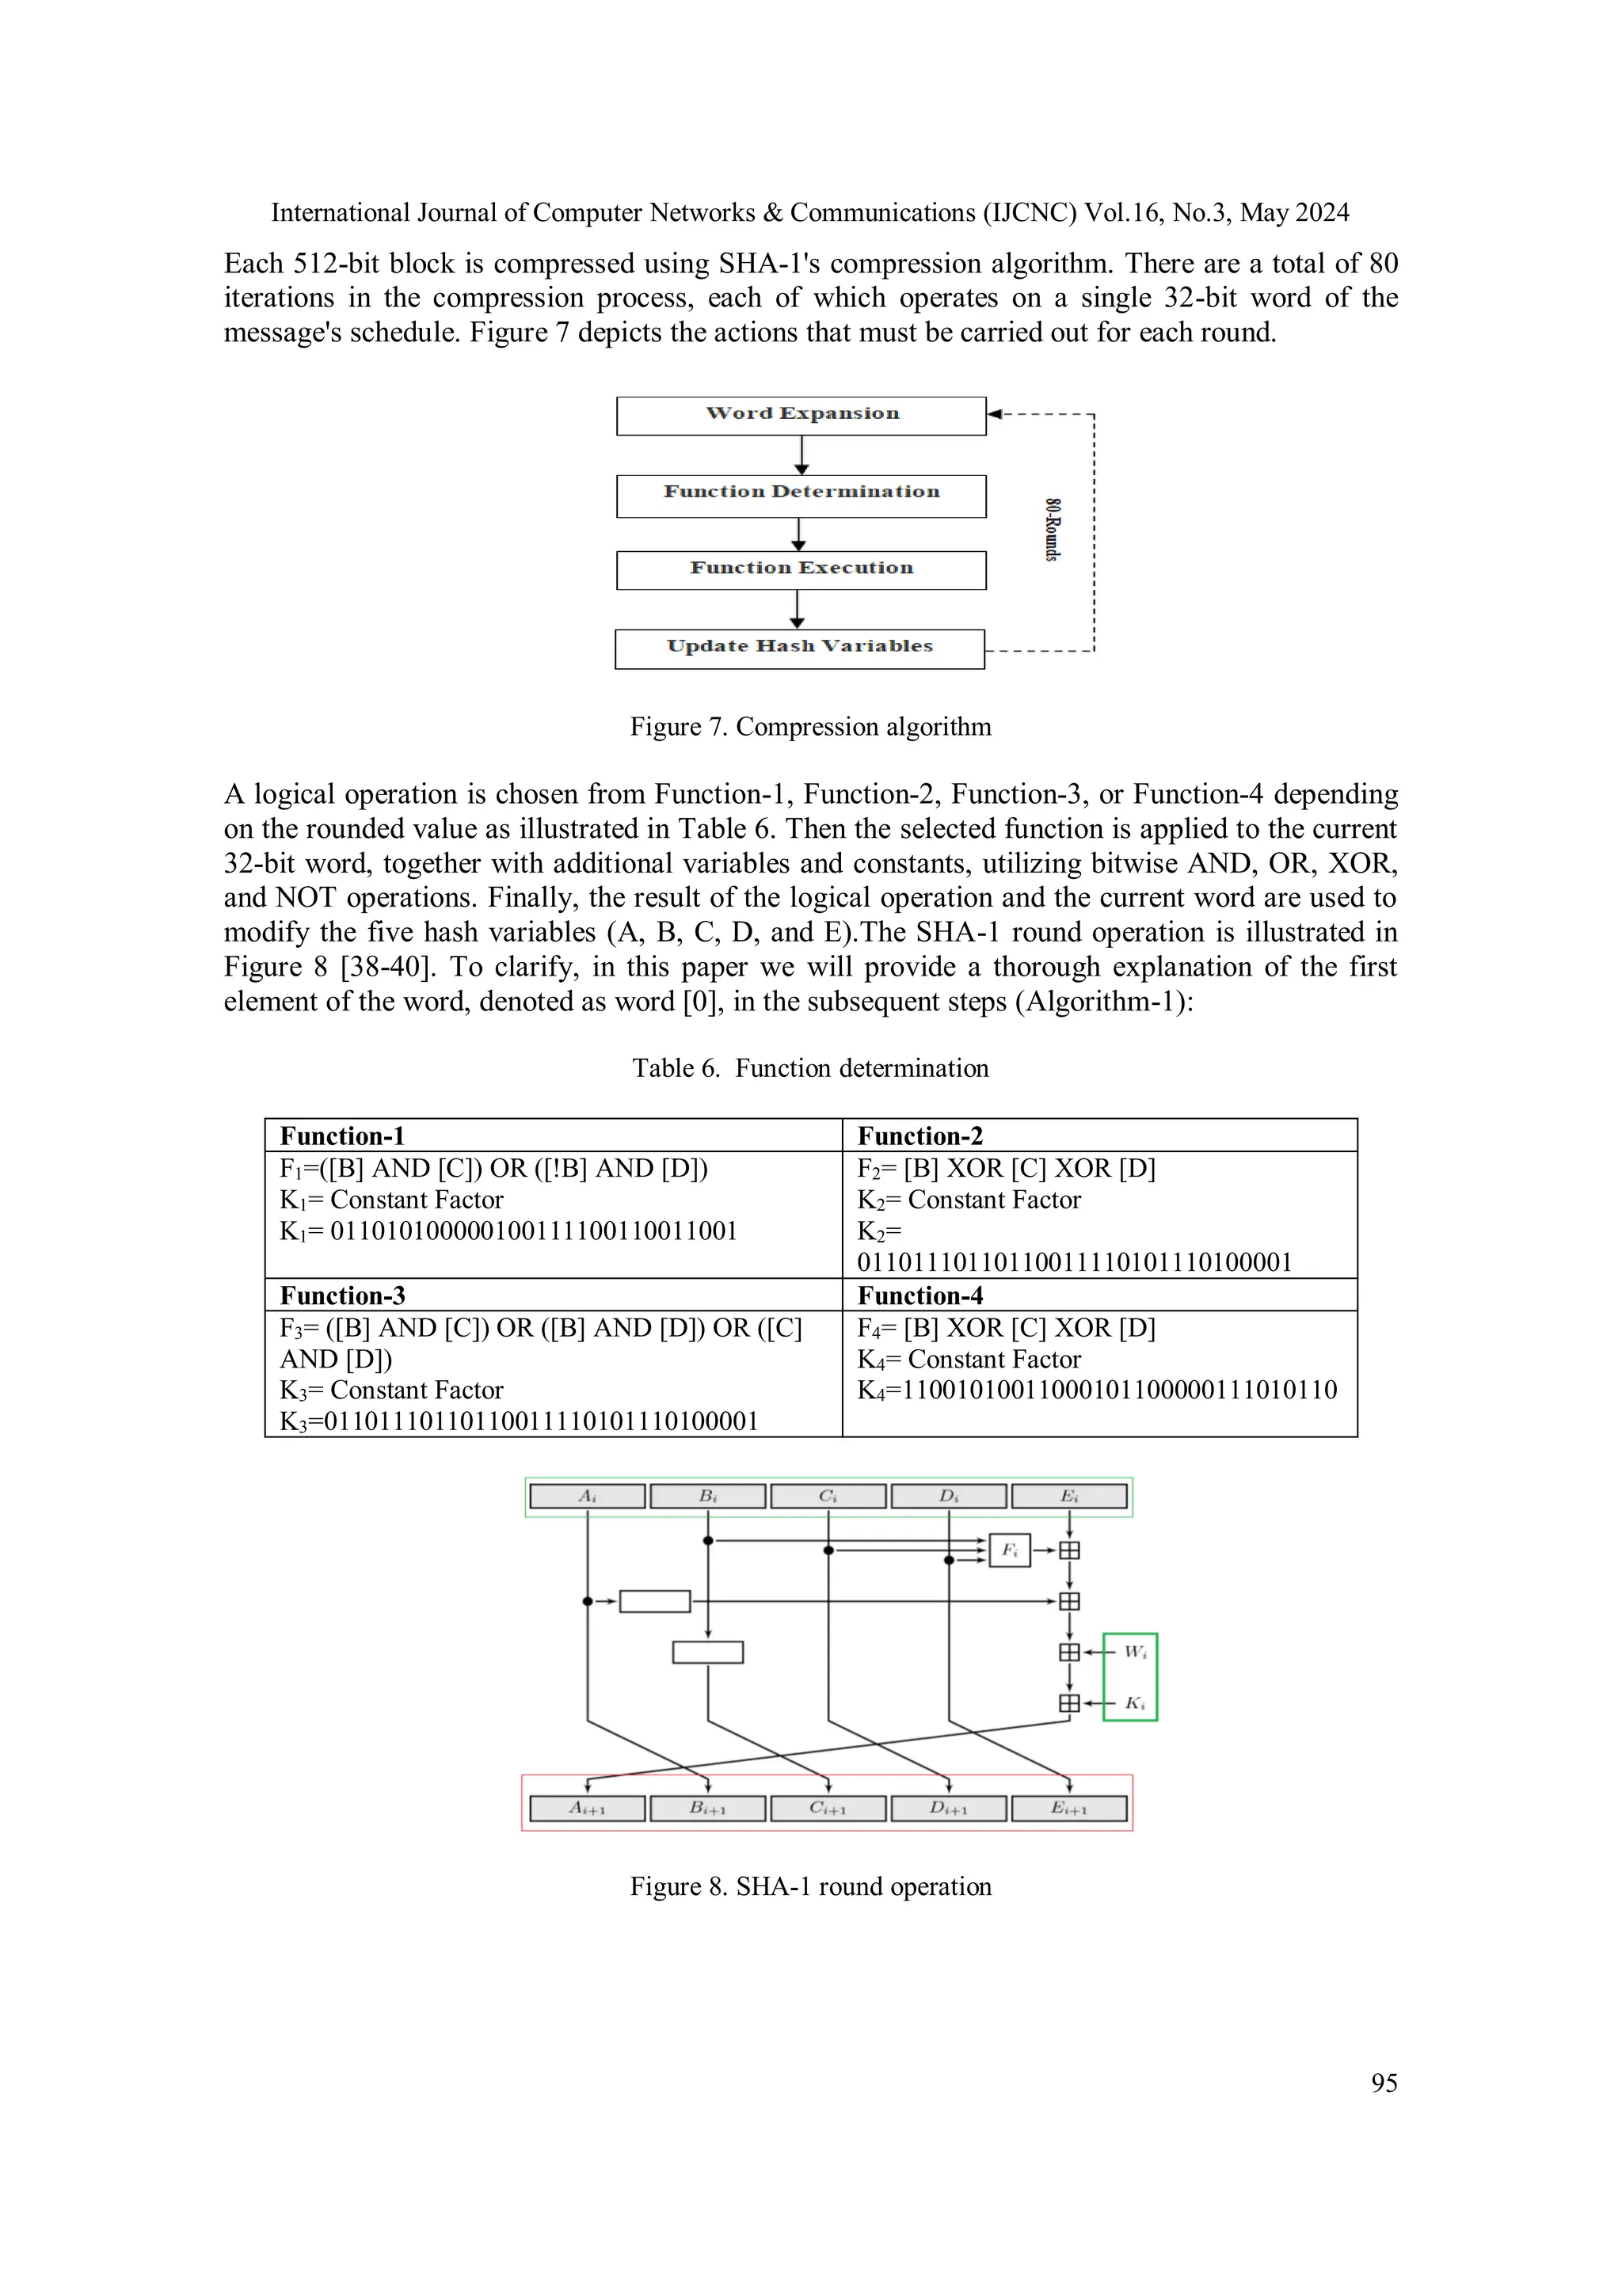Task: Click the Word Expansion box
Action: pos(801,416)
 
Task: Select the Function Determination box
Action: pos(801,496)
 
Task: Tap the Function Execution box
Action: pos(801,570)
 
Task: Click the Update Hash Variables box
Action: pos(799,649)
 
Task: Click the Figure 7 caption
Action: pos(809,726)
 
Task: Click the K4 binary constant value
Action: pos(1118,1390)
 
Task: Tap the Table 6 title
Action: pos(809,1068)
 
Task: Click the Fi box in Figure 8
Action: pos(1009,1550)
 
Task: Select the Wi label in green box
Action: pos(1134,1652)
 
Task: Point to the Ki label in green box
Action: pos(1134,1703)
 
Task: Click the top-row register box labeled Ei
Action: pos(1068,1497)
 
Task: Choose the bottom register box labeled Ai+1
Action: pos(587,1809)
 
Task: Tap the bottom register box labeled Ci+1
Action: pos(828,1809)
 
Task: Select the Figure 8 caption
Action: pos(809,1886)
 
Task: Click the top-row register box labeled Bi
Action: pos(707,1497)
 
